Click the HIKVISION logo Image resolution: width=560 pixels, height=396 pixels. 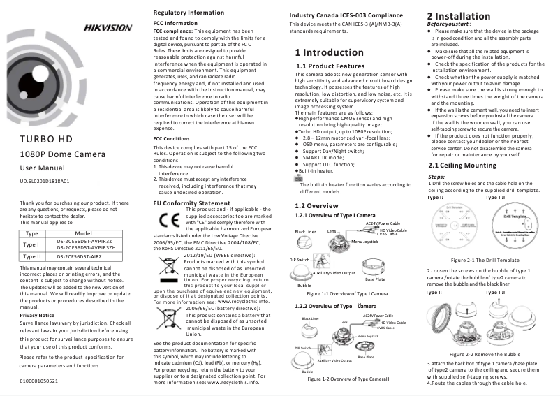click(107, 28)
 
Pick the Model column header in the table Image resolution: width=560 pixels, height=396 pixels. click(84, 233)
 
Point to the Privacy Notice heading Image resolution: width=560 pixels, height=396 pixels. click(37, 315)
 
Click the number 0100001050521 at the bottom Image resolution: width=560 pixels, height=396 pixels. click(38, 381)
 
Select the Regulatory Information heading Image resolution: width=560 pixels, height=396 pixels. click(189, 13)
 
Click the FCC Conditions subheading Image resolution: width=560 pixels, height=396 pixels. click(171, 138)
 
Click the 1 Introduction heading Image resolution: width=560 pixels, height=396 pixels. click(329, 52)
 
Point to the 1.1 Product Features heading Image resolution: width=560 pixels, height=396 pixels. click(331, 66)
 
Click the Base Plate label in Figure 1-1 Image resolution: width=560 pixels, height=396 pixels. click(375, 279)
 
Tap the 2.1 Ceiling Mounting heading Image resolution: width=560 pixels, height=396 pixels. click(462, 166)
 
